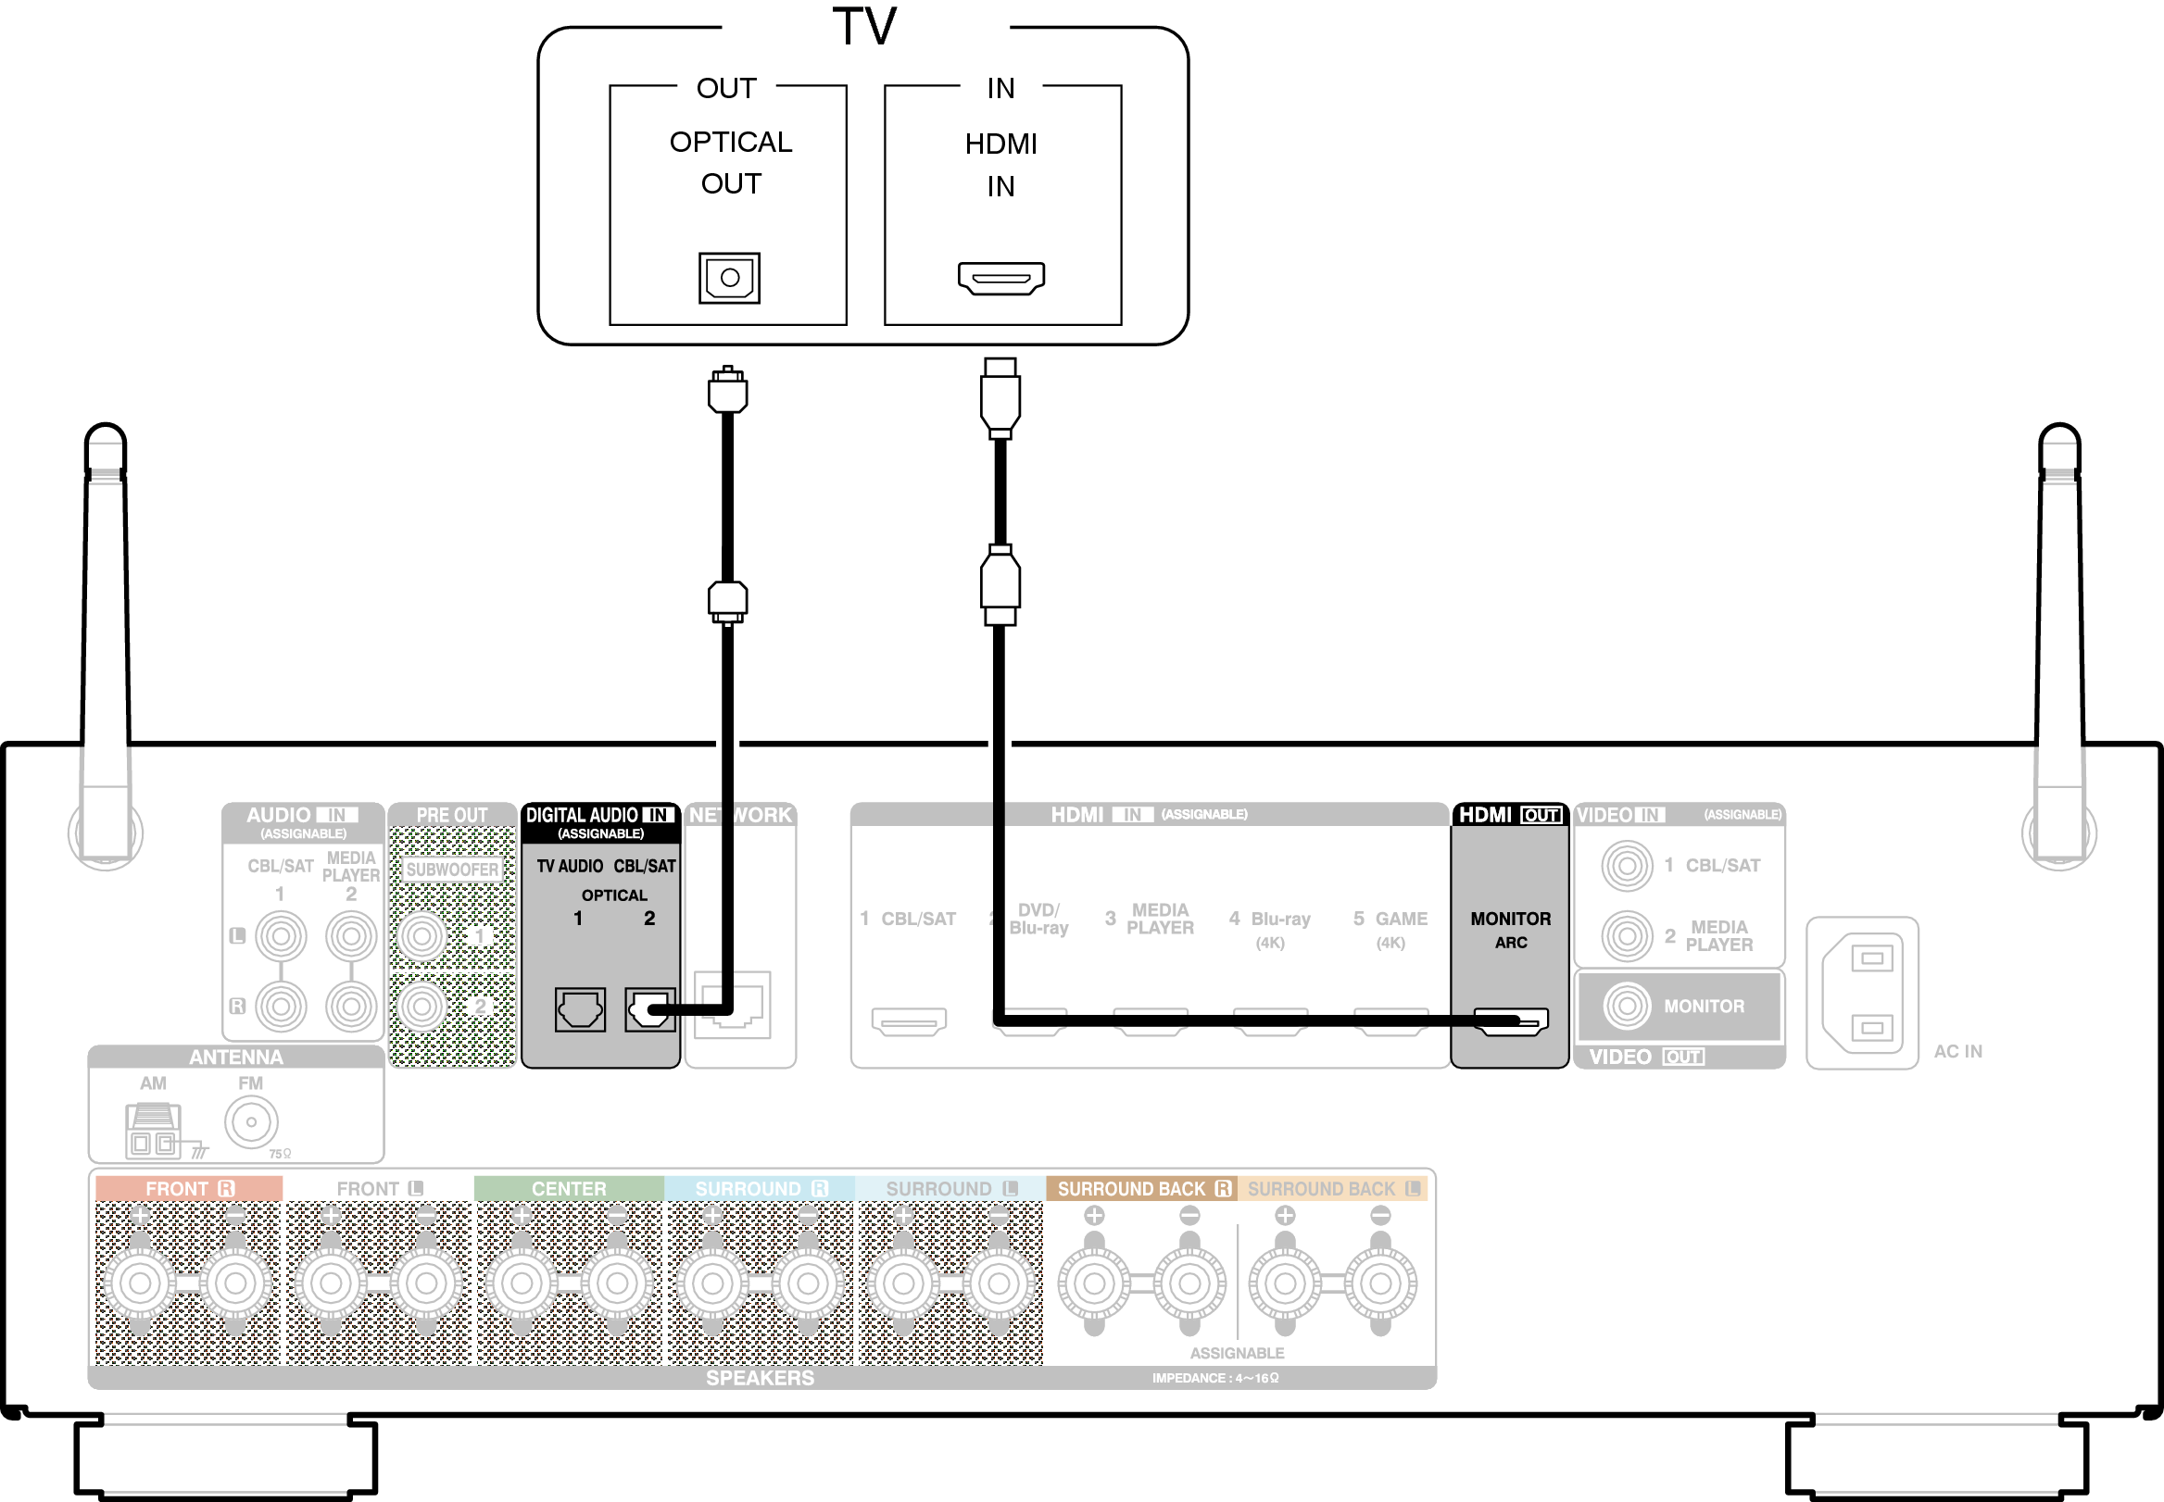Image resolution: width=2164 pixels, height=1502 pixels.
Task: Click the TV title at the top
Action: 864,26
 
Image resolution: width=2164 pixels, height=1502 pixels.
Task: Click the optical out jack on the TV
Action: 728,278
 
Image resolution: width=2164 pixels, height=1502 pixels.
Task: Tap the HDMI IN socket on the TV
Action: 1000,279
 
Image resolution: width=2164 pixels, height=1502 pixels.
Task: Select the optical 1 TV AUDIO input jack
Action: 579,1009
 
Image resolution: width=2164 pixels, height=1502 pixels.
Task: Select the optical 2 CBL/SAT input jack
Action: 648,1009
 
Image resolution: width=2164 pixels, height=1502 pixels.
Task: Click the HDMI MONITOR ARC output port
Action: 1511,1021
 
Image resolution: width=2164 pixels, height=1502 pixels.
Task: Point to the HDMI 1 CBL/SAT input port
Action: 909,1021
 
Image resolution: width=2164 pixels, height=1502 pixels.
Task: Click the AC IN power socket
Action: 1862,994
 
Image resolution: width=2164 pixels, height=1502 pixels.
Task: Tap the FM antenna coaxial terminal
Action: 251,1121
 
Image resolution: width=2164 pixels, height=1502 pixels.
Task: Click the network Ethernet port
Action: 735,1005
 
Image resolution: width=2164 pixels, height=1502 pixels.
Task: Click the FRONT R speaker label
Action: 188,1189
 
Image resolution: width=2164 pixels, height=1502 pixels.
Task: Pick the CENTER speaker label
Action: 569,1189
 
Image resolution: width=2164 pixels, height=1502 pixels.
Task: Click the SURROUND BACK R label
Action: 1142,1189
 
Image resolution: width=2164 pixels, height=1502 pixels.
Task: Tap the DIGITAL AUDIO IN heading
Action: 598,815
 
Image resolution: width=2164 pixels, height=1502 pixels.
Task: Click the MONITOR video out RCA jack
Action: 1627,1006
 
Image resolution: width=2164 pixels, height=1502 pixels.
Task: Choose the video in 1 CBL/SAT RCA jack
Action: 1627,865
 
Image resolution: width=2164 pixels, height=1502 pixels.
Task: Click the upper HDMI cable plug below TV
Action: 1000,397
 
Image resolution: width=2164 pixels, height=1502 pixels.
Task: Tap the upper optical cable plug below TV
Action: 727,391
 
